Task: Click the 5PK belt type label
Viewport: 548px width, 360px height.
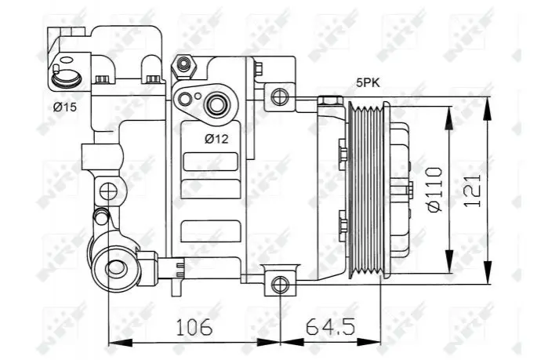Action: point(368,83)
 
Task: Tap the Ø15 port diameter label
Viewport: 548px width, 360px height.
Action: point(64,107)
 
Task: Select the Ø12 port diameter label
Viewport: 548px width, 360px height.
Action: point(216,139)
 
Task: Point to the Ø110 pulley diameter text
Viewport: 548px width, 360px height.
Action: point(435,190)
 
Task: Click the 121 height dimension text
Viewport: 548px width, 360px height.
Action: point(473,190)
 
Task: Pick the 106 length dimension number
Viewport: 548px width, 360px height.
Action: point(194,327)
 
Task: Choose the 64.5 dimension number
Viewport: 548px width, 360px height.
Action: point(330,327)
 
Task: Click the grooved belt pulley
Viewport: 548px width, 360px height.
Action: point(368,191)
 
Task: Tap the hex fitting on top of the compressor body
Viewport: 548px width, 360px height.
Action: point(183,66)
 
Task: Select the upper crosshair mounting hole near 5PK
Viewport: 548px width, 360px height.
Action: point(280,96)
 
